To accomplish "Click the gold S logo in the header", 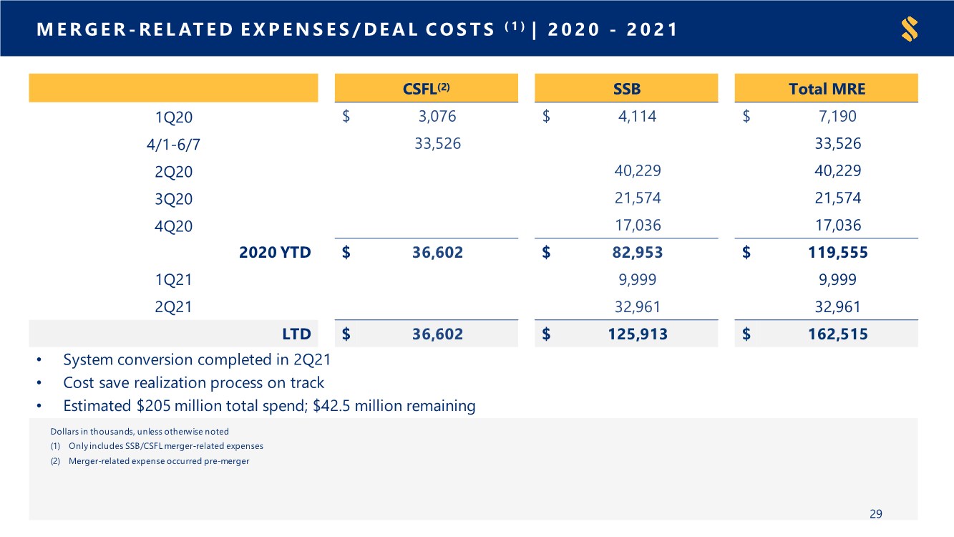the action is coord(910,29).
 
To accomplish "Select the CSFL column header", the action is coord(427,89).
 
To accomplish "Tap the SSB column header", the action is coord(626,89).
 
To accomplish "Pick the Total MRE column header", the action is coord(827,89).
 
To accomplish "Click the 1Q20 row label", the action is coord(173,117).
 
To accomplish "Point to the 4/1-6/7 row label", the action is coord(173,145).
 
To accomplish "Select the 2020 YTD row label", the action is coord(275,252).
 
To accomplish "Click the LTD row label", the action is coord(296,334).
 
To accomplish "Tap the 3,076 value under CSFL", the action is coord(437,116).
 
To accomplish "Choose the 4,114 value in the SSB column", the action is coord(638,116).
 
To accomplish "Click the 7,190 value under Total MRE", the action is coord(838,116).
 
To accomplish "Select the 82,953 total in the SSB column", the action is coord(638,252).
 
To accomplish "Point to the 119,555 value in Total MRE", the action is coord(838,252).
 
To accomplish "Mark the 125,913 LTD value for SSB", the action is coord(638,334).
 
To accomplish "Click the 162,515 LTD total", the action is coord(838,334).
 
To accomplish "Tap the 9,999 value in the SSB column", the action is coord(638,279).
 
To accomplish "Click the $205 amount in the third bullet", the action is coord(153,406).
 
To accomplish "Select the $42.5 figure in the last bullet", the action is coord(331,406).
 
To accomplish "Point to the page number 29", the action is coord(876,513).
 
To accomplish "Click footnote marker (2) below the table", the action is coord(55,461).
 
